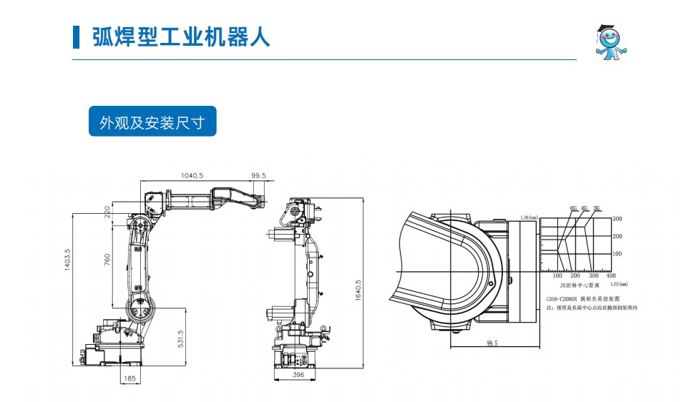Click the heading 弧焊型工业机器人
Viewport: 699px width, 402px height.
(181, 37)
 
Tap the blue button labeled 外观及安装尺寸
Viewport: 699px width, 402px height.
(152, 122)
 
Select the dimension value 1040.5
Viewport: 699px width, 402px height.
(192, 175)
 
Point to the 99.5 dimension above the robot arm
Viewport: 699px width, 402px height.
(258, 175)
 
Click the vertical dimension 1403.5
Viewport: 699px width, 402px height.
(68, 263)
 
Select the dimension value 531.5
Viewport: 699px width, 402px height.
(181, 338)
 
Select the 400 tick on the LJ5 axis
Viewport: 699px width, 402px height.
(610, 275)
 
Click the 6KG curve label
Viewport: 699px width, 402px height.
(573, 208)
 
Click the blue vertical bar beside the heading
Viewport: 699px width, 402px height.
(77, 37)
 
